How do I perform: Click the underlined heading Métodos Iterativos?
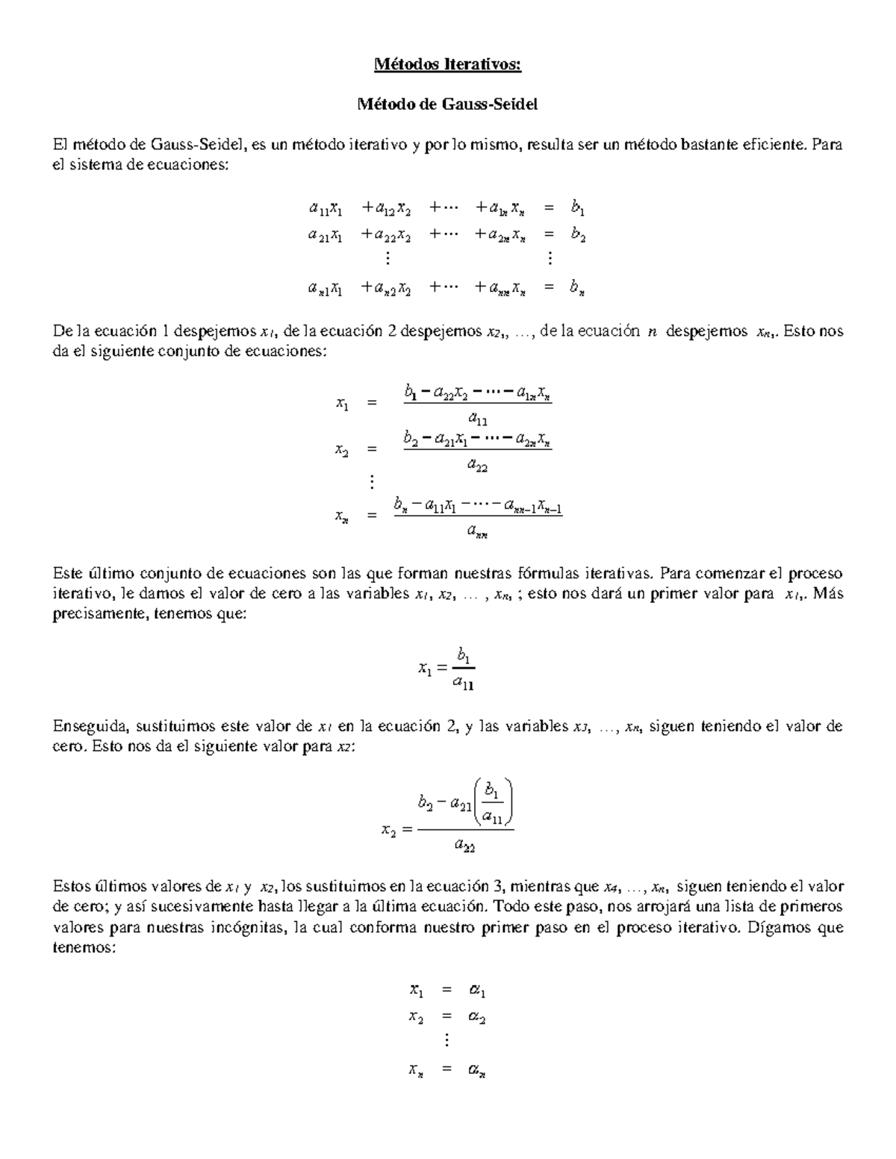coord(447,66)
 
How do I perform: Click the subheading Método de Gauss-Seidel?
coord(447,104)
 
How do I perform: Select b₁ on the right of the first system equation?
coord(578,208)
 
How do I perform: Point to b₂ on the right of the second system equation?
coord(578,236)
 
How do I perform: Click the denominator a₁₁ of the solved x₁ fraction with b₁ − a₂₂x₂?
coord(478,419)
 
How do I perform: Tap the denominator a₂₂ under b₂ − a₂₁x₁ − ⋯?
coord(478,465)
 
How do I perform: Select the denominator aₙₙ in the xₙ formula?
coord(478,531)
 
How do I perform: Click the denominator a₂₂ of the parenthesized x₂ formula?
coord(465,846)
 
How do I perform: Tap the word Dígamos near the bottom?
coord(778,928)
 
